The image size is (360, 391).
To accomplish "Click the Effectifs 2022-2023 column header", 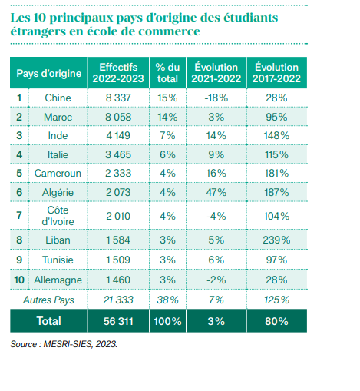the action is [x=118, y=73].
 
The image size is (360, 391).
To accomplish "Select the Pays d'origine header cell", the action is [x=49, y=73].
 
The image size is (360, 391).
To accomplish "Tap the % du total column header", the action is [x=167, y=73].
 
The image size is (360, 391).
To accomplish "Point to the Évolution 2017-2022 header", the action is [x=276, y=73].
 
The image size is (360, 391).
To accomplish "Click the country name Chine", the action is [x=58, y=98].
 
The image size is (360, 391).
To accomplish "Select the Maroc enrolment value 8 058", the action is [x=118, y=117].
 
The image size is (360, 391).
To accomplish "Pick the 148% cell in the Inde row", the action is [x=276, y=135].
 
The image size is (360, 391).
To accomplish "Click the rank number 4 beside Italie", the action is [x=19, y=154].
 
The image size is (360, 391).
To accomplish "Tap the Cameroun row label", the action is [x=58, y=173].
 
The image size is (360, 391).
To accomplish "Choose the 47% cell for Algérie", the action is [x=216, y=192].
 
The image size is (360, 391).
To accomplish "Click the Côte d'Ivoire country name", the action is [x=58, y=216].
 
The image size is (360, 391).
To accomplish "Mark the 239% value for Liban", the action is [x=276, y=240].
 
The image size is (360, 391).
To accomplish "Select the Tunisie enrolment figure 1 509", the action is [x=118, y=260].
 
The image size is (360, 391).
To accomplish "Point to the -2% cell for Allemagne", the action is [x=216, y=280].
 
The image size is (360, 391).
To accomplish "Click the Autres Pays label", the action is [x=48, y=300].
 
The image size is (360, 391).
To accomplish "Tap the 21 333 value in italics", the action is [x=118, y=300].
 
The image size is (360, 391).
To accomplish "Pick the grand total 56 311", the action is [x=118, y=321].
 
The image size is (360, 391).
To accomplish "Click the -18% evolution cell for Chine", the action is [x=216, y=98].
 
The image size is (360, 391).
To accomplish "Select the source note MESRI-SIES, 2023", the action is [x=81, y=344].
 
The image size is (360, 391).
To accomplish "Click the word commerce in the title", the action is [x=169, y=31].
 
